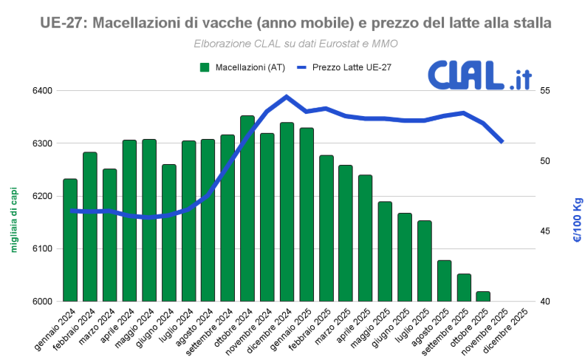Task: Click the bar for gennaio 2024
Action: (x=70, y=240)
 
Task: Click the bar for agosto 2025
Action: (x=444, y=281)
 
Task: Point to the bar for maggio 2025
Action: (x=385, y=251)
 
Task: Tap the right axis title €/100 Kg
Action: (x=578, y=220)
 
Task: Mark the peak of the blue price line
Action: (x=287, y=96)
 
